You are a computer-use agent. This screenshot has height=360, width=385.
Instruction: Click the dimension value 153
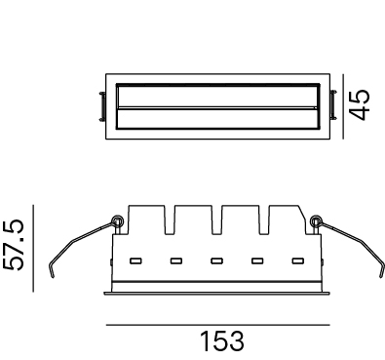coord(222,341)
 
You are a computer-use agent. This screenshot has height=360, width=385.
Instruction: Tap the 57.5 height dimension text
coord(14,245)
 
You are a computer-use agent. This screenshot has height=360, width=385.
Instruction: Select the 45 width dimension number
coord(360,104)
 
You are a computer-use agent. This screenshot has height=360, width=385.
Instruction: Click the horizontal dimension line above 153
coord(218,325)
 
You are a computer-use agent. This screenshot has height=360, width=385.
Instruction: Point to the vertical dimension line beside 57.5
coord(33,248)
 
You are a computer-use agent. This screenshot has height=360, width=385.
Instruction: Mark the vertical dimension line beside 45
coord(343,106)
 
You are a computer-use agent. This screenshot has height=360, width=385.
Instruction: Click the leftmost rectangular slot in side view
coord(135,260)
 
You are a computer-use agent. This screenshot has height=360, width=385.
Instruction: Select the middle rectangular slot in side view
coord(216,260)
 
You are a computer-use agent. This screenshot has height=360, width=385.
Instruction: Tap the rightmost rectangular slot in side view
coord(298,260)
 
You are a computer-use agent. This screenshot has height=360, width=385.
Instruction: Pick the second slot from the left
coord(176,260)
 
